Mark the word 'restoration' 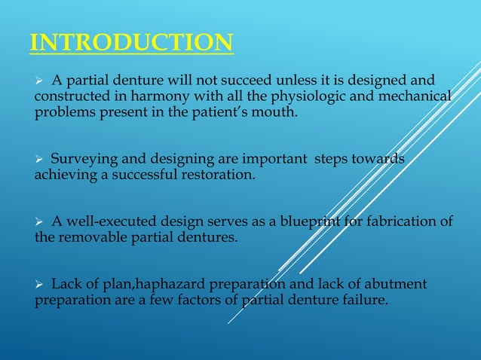pyautogui.click(x=217, y=175)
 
